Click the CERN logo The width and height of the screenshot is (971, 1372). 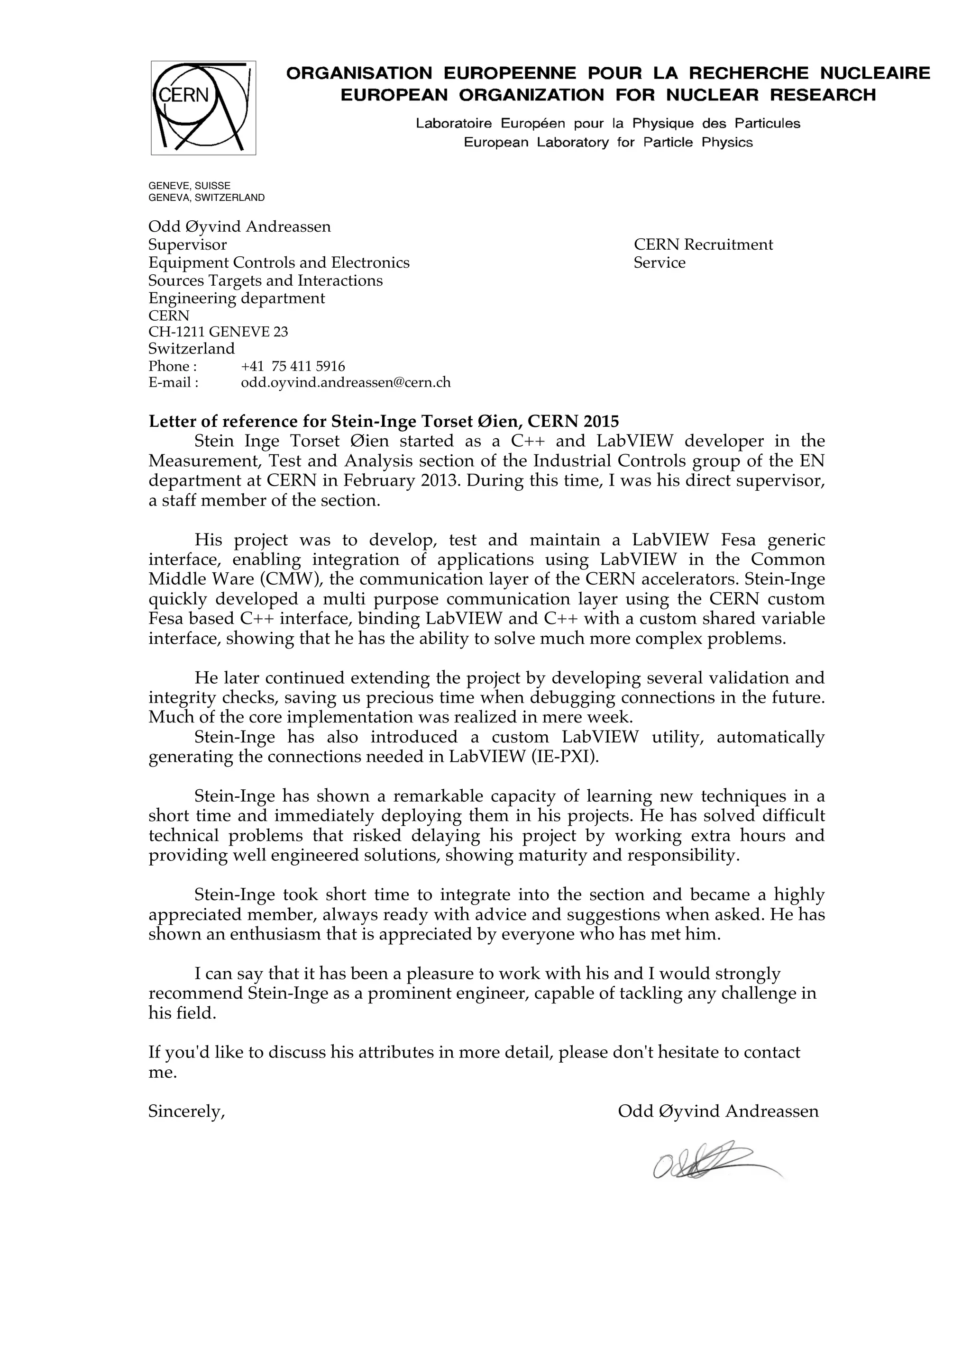coord(203,108)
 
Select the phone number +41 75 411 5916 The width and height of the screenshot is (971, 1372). coord(293,366)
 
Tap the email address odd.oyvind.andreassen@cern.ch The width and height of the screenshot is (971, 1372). coord(346,382)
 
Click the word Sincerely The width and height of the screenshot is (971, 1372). coord(186,1111)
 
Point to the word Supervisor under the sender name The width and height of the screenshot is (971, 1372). coord(188,244)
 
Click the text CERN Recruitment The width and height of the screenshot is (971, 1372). coord(703,244)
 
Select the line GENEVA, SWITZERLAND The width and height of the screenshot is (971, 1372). coord(206,198)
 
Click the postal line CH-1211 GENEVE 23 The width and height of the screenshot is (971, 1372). coord(218,332)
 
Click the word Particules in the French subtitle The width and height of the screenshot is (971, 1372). coord(767,124)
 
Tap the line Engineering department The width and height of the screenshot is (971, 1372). coord(237,298)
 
